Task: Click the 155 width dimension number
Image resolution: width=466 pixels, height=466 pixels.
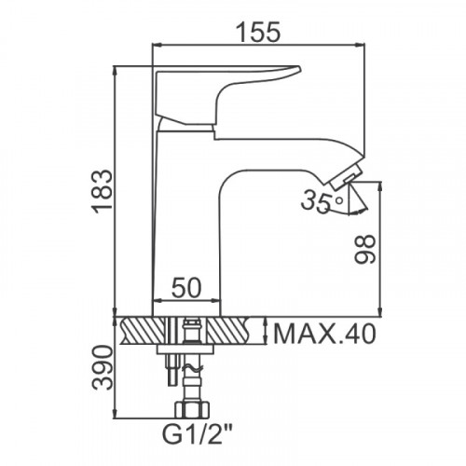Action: (258, 32)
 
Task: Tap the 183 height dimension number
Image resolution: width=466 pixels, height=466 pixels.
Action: (103, 192)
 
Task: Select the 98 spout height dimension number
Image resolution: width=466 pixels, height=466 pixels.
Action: (365, 249)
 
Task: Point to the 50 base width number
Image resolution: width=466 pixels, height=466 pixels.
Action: (186, 287)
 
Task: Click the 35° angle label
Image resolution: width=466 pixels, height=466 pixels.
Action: (322, 201)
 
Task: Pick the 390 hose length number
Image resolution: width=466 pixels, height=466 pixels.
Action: (103, 368)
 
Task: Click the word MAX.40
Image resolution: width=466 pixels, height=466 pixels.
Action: (324, 334)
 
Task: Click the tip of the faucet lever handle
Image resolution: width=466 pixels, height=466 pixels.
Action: (299, 69)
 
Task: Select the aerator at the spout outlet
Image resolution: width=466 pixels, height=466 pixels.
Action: (346, 178)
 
